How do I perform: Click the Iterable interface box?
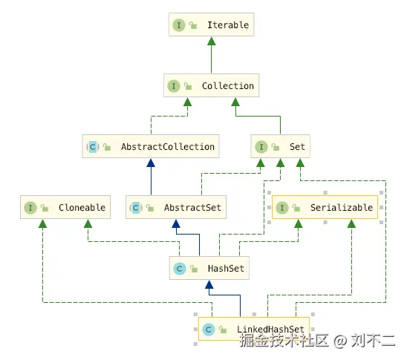click(x=212, y=24)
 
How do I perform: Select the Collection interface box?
click(x=212, y=86)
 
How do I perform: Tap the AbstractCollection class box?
click(x=151, y=146)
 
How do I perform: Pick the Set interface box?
click(x=281, y=146)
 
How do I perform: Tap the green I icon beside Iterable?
click(x=179, y=24)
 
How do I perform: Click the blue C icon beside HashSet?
click(x=179, y=268)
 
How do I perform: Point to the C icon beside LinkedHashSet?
click(x=209, y=328)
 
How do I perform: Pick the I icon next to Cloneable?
click(x=30, y=208)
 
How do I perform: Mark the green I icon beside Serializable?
click(x=282, y=208)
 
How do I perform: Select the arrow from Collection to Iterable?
click(x=212, y=56)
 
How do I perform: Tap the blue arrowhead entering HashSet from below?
click(x=212, y=285)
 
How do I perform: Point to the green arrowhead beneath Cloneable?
click(x=42, y=224)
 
